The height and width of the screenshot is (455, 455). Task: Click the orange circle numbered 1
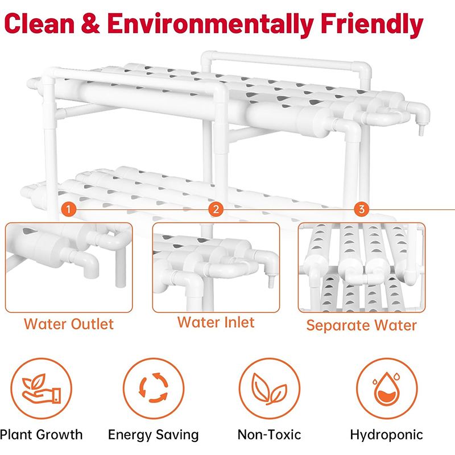coord(69,209)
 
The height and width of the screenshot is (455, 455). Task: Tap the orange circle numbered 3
coord(361,209)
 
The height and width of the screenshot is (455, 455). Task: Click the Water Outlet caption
coord(69,324)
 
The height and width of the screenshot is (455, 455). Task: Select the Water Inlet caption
coord(216,322)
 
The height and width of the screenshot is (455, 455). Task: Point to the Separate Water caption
coord(361,325)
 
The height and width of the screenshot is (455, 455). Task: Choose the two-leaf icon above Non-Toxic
coord(269,389)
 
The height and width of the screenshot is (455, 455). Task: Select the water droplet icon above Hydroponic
coord(386,389)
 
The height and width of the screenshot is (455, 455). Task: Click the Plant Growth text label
coord(42,435)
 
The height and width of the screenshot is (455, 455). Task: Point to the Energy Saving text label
coord(154,435)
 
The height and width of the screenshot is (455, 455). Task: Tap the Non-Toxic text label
coord(269,435)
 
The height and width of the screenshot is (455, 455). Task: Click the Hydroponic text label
coord(386,435)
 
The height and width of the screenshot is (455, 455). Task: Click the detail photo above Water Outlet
coord(69,267)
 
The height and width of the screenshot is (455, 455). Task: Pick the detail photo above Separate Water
coord(362,267)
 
